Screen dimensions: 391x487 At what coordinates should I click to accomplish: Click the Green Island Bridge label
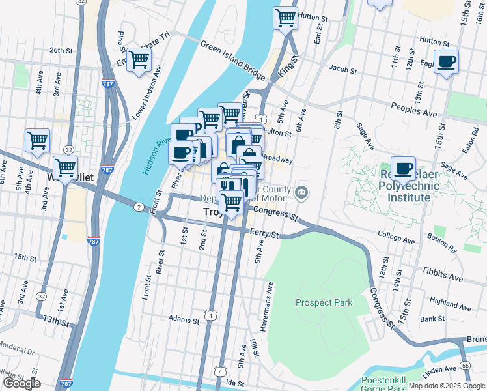[232, 56]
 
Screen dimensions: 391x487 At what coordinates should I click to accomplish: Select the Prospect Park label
[324, 302]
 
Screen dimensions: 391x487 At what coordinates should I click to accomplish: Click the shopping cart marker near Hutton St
[285, 18]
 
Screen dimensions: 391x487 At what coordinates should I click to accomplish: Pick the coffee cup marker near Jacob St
[446, 62]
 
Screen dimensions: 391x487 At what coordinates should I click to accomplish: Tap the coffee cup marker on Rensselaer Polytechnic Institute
[403, 169]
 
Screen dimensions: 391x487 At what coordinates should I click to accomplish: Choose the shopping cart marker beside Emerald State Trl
[139, 60]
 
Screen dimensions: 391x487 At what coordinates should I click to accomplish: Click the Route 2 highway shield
[139, 207]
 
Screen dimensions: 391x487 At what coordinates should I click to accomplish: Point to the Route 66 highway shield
[466, 365]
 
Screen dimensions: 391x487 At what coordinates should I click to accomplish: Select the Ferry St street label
[266, 234]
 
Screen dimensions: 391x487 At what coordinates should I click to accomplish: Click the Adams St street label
[183, 320]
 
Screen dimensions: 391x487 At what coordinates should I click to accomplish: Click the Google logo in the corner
[21, 383]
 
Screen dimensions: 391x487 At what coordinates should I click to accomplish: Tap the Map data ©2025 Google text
[447, 386]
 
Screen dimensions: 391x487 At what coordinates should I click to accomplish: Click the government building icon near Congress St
[301, 192]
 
